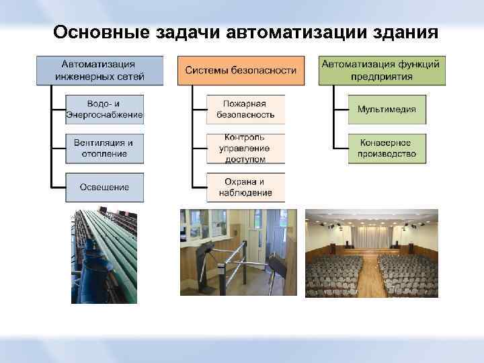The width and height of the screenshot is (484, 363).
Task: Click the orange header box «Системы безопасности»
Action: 241,70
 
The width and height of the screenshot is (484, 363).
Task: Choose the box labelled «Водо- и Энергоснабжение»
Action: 104,110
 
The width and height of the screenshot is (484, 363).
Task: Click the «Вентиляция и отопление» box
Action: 104,148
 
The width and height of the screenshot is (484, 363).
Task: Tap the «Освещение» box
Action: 104,187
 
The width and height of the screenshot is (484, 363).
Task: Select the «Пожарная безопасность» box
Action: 245,110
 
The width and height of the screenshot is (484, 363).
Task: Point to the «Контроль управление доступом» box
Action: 245,148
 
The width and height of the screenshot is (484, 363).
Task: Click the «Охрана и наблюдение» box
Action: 245,187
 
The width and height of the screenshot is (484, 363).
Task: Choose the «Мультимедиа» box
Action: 387,110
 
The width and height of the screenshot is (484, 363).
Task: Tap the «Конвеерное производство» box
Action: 387,148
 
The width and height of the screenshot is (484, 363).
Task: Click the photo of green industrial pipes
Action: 104,256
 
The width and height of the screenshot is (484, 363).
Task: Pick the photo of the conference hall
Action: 371,253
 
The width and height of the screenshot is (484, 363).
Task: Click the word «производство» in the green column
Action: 387,154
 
